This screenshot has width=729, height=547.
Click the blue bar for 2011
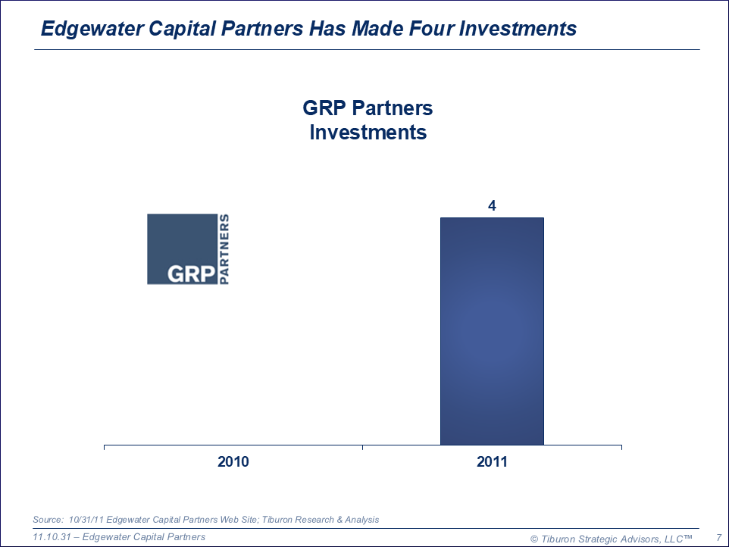(x=492, y=331)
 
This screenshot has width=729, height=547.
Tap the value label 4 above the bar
(x=492, y=205)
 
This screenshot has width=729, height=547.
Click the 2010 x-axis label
(x=233, y=461)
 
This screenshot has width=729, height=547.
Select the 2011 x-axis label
(x=492, y=461)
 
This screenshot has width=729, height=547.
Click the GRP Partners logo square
(x=182, y=249)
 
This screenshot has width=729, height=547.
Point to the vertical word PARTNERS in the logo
(x=224, y=249)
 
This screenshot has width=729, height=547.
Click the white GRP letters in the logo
(x=191, y=273)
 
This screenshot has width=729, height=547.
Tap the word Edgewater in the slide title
(x=92, y=29)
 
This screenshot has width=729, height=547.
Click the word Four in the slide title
(x=431, y=28)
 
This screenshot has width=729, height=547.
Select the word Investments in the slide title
(x=518, y=28)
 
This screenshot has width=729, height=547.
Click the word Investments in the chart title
(x=368, y=132)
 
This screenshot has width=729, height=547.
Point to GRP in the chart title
(x=324, y=108)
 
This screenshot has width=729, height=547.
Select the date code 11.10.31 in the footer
(x=52, y=537)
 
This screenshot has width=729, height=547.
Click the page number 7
(x=719, y=538)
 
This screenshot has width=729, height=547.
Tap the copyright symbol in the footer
(x=534, y=539)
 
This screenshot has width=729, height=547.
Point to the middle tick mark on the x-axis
(x=363, y=447)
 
